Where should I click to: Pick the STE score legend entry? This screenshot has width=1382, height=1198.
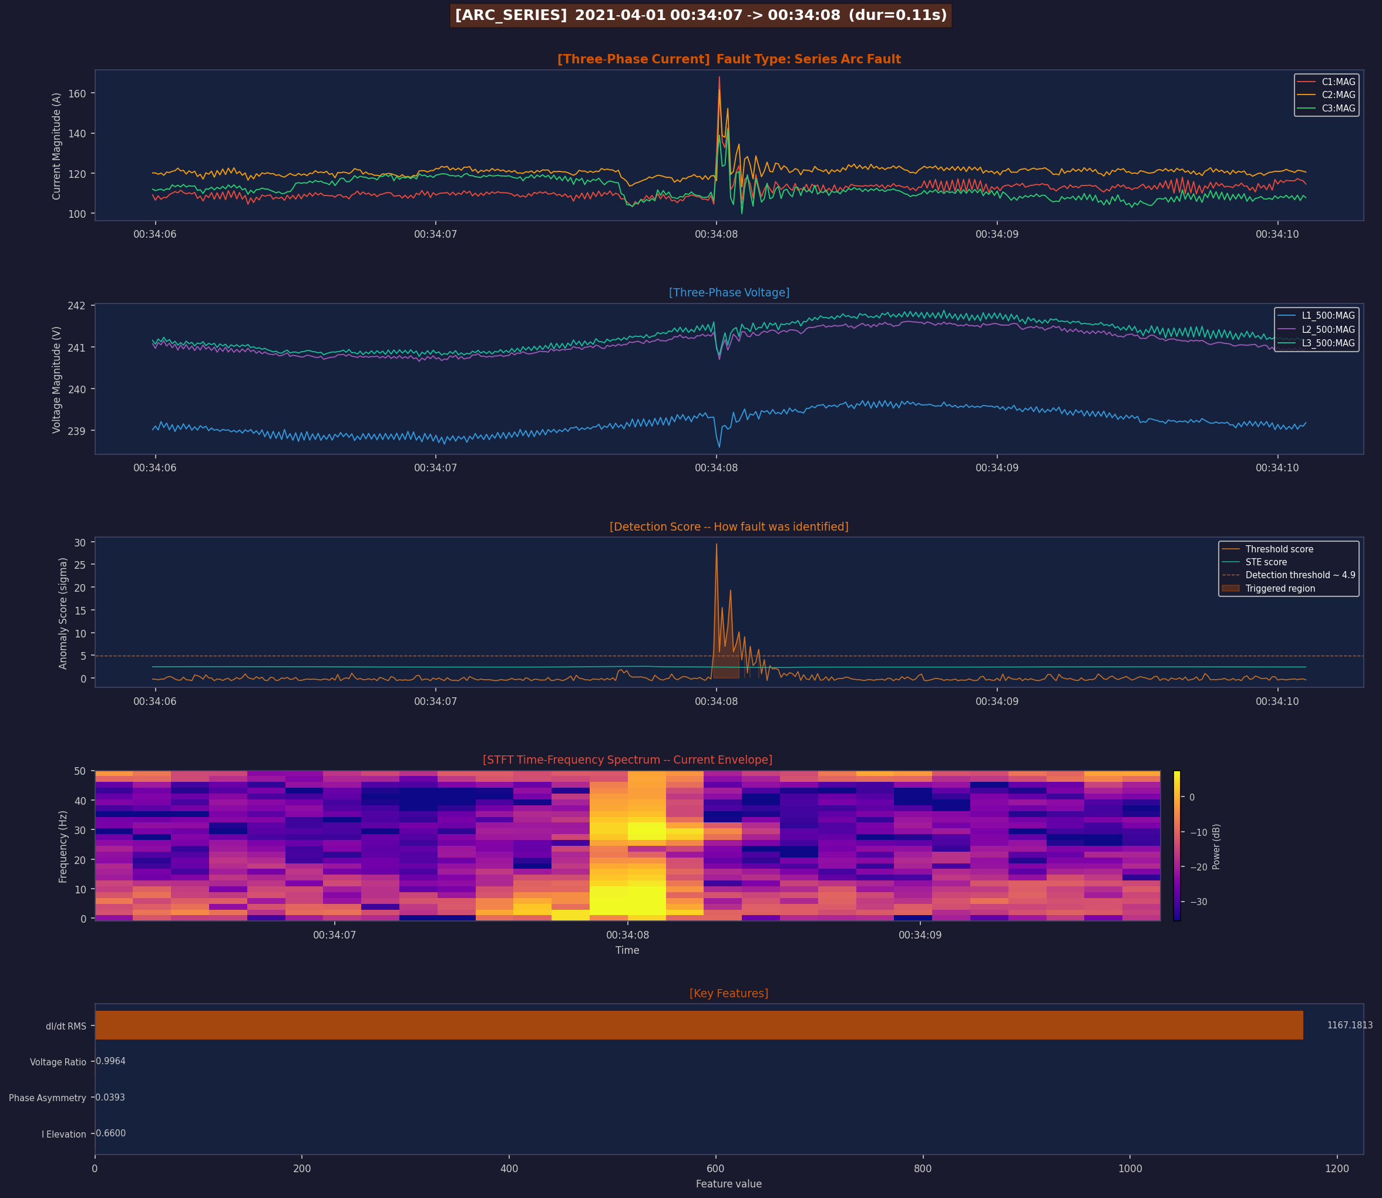(x=1266, y=562)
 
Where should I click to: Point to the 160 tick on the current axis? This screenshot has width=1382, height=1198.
(x=77, y=93)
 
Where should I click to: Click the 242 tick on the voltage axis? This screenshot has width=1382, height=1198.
(x=76, y=306)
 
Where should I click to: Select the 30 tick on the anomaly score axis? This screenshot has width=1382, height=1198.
(x=80, y=543)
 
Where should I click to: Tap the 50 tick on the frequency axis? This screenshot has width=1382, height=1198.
(x=80, y=771)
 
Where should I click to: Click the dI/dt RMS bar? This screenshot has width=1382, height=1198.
(x=698, y=1025)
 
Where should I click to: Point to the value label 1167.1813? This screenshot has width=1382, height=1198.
(x=1349, y=1025)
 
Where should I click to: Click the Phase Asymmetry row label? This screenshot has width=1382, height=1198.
(x=48, y=1098)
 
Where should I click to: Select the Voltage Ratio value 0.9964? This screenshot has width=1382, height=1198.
(x=110, y=1061)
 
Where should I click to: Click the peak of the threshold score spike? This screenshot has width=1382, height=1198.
(x=717, y=544)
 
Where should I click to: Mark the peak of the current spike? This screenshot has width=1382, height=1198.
(x=719, y=77)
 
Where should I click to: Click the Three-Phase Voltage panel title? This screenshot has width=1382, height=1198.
(x=728, y=292)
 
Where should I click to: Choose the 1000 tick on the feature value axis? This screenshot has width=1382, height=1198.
(x=1130, y=1168)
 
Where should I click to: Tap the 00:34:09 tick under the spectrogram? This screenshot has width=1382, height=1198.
(x=920, y=934)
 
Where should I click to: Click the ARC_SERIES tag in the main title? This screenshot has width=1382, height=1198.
(x=511, y=15)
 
